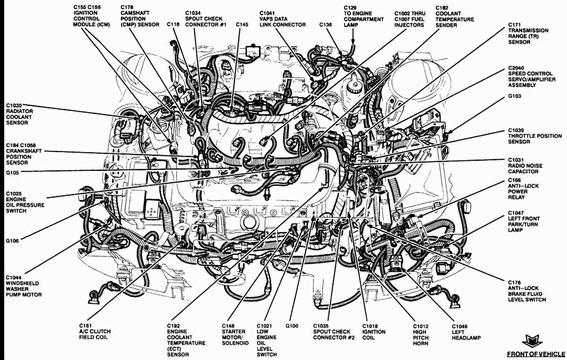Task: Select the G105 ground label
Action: (12, 172)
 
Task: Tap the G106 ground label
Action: (12, 241)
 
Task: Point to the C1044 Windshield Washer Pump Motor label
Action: (24, 286)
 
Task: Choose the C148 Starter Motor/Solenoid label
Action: (232, 334)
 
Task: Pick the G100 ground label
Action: (292, 326)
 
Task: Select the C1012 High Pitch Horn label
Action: (421, 334)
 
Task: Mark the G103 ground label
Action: (516, 109)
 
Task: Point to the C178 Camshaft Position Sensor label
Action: (134, 17)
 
